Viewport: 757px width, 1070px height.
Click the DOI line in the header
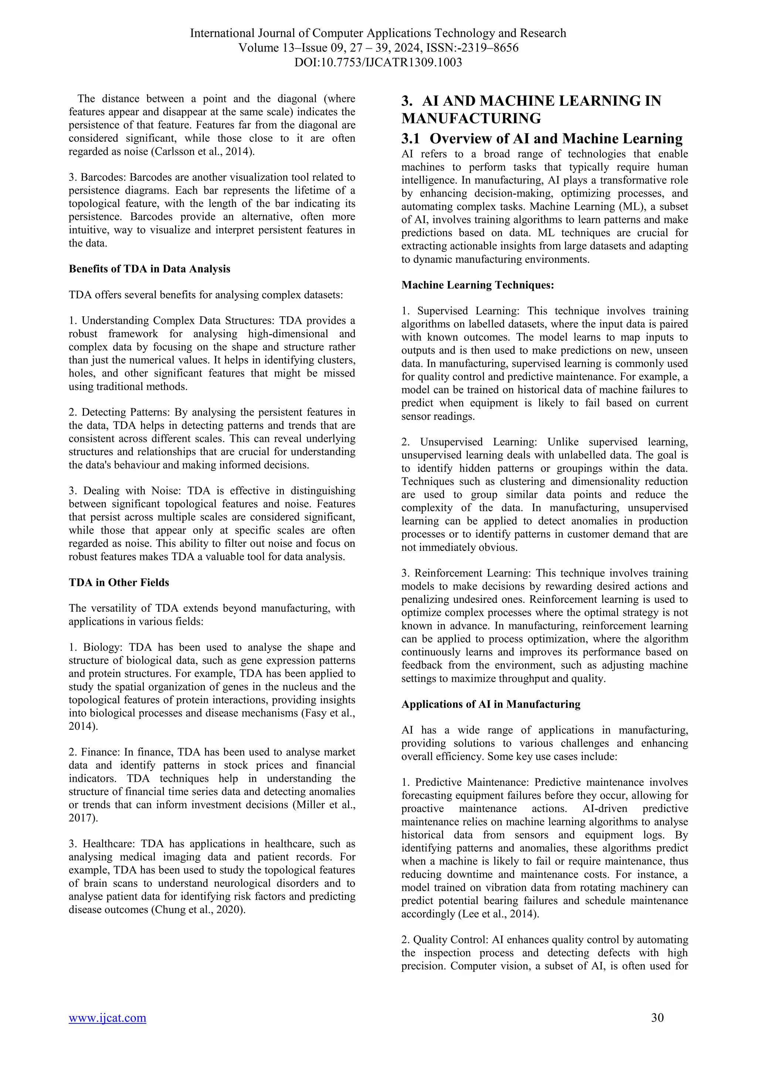378,62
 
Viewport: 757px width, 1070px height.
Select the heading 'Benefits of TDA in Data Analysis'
149,269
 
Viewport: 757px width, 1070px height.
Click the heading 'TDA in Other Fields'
119,583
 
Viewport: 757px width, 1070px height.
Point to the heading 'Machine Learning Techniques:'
478,285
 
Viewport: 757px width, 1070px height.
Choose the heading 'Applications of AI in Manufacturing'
491,704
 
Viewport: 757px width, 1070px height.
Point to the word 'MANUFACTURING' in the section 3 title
471,119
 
